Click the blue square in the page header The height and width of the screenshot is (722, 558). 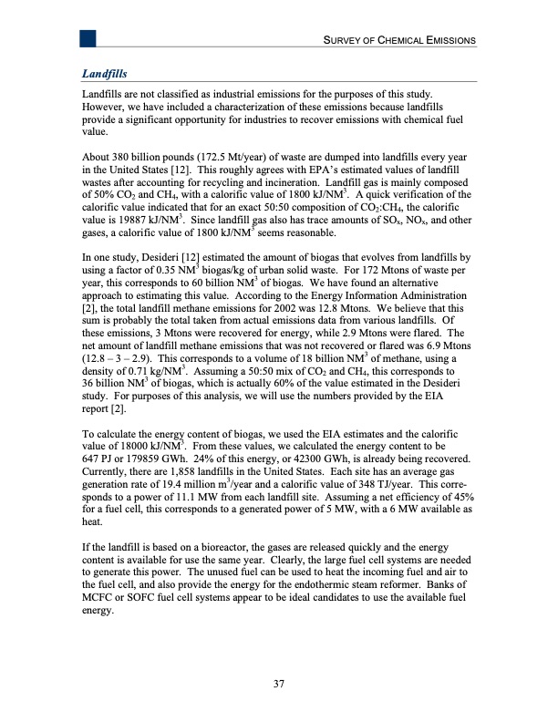pyautogui.click(x=88, y=38)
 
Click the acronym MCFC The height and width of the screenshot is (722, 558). pyautogui.click(x=101, y=606)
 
